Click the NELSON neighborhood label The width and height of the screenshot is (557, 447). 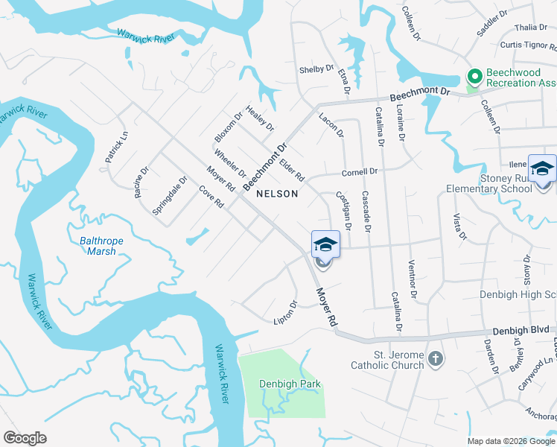pos(277,194)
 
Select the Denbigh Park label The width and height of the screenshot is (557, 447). pos(290,384)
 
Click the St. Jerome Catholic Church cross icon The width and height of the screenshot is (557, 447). pos(436,360)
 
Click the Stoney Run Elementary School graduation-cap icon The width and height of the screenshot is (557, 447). pos(542,168)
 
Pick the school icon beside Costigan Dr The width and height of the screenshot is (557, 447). pos(325,244)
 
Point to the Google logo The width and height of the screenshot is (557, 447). pos(25,438)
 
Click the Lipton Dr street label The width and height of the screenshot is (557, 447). pos(285,312)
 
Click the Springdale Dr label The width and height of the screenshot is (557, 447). pos(170,195)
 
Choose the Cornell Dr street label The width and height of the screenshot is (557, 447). pos(360,172)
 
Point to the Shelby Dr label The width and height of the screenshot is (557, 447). pos(316,69)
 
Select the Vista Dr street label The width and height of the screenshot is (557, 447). pos(459,226)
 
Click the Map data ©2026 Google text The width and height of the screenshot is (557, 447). pos(512,440)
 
